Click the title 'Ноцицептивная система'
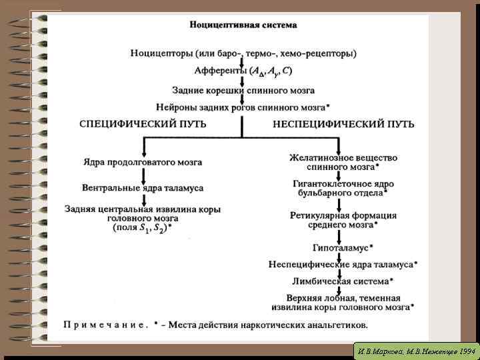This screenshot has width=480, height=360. (x=243, y=25)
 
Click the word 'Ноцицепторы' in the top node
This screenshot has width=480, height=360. (x=159, y=53)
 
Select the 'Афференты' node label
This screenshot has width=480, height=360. (x=219, y=71)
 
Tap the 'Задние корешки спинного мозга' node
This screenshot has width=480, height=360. (x=243, y=90)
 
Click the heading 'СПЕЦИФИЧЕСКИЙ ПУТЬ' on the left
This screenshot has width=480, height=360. (x=143, y=124)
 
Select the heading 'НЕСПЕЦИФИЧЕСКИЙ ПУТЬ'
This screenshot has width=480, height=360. (x=343, y=124)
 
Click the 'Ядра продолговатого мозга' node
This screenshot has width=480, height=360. (x=143, y=162)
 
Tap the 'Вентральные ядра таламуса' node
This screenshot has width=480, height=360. (x=143, y=189)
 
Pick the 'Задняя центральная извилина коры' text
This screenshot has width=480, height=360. (x=143, y=209)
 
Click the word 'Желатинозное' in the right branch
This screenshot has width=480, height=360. (x=316, y=158)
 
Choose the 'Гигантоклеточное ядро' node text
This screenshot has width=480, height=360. (x=343, y=184)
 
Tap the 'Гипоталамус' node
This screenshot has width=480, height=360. (x=341, y=248)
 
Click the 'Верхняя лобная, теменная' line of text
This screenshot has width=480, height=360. (x=343, y=298)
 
